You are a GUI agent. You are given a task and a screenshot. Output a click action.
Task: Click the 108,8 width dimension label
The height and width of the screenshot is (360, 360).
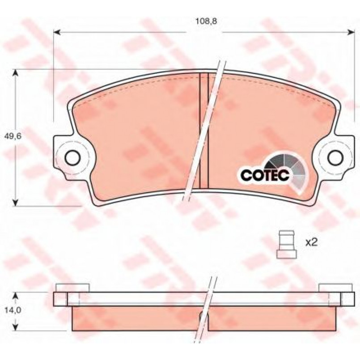point(206,21)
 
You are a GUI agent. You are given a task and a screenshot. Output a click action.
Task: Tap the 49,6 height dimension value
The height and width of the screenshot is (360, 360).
point(13,136)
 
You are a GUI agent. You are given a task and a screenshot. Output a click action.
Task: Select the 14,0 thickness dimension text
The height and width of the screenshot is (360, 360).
point(13,310)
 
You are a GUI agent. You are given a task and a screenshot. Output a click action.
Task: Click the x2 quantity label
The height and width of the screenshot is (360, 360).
point(311,242)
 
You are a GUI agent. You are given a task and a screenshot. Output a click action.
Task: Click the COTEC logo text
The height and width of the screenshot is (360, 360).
point(264,175)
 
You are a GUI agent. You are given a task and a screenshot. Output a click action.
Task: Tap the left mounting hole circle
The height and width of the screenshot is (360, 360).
point(72,157)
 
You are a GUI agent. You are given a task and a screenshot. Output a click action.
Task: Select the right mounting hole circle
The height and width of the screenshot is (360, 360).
point(335,157)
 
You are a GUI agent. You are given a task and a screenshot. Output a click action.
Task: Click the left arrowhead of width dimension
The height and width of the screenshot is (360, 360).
point(57,33)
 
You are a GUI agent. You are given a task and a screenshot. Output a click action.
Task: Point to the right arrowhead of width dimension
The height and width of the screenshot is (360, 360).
point(351,33)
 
